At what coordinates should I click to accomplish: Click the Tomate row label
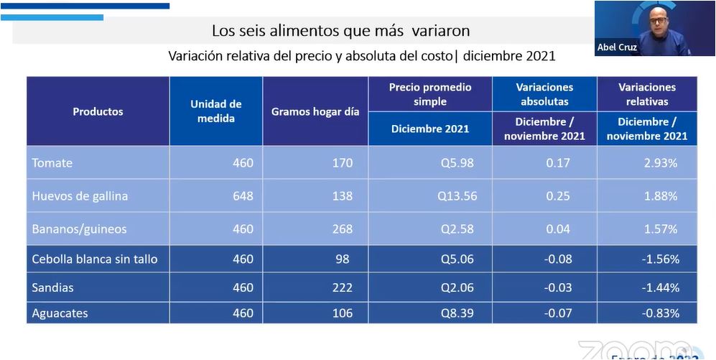pos(52,163)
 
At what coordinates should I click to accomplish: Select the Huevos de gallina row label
pos(80,196)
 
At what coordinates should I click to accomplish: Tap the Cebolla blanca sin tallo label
pos(94,259)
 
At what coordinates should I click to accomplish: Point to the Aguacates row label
pos(60,313)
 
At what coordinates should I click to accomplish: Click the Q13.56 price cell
pos(457,196)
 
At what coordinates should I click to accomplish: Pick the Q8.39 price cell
pos(457,313)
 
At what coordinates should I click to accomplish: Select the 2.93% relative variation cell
pos(660,163)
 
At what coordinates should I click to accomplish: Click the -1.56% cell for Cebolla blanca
pos(660,259)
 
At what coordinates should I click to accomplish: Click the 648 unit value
pos(243,196)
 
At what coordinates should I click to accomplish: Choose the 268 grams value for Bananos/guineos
pos(342,229)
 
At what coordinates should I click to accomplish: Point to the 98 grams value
pos(345,259)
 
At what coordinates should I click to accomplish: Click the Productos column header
pos(98,111)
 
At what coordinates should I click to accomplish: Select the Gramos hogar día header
pos(315,112)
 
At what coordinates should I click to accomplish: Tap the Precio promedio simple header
pos(430,94)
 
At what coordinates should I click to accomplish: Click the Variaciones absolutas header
pos(544,94)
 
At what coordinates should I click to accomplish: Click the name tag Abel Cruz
pos(618,47)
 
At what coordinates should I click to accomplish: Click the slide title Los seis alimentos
pos(340,31)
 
